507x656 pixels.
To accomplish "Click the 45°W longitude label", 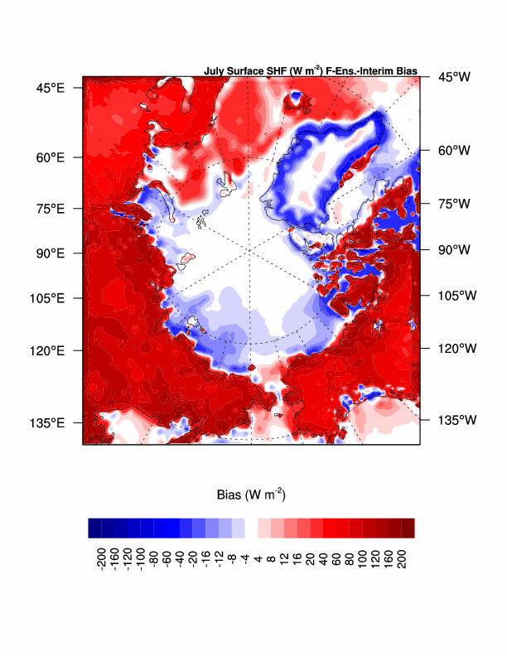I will coord(454,77).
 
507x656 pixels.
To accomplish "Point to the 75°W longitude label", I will coord(454,204).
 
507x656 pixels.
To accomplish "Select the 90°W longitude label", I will coord(454,249).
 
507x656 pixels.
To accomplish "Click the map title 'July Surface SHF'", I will coord(310,71).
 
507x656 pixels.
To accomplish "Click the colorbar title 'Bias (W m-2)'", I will coord(251,495).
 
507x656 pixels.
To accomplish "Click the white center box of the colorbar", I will coord(251,528).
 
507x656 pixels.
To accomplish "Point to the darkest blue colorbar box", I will coord(94,528).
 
